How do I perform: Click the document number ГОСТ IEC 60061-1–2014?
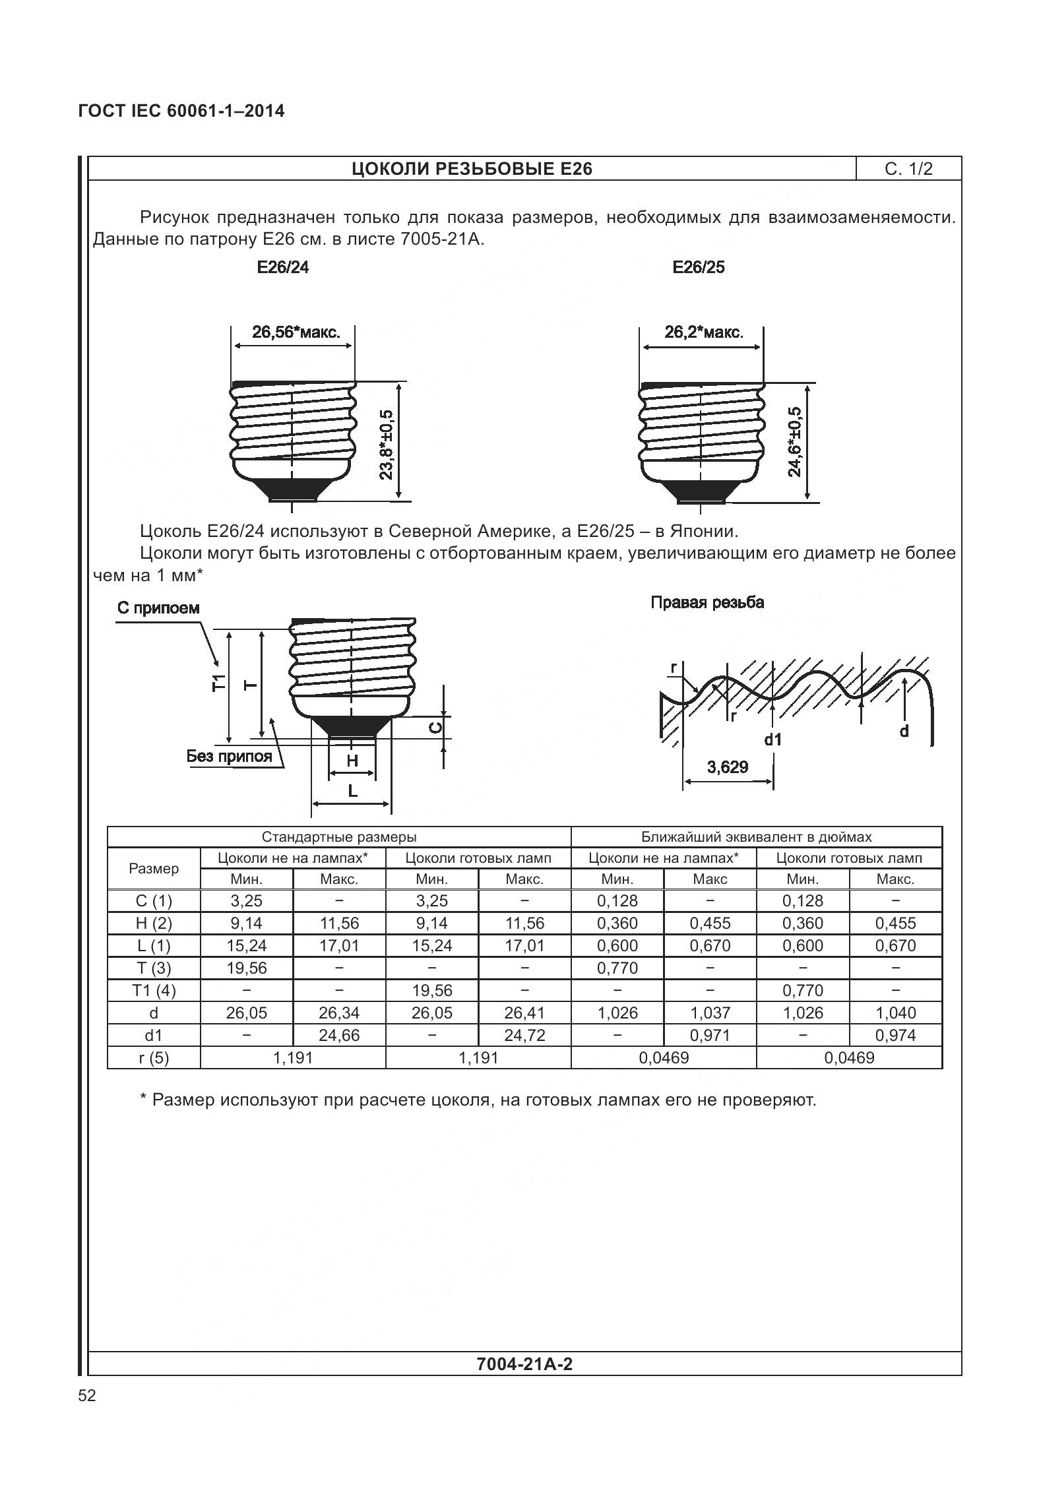pos(181,111)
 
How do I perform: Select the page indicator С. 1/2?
pos(908,169)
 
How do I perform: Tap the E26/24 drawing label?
pos(283,268)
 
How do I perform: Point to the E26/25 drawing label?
pos(698,267)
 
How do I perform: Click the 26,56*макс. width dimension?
pos(296,332)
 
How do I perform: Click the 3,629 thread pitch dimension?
pos(727,767)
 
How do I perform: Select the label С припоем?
pos(158,608)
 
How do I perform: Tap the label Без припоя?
pos(229,756)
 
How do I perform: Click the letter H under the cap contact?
pos(352,761)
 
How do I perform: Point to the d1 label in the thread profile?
pos(772,739)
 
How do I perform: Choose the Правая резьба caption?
pos(707,602)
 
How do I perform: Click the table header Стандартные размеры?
pos(339,837)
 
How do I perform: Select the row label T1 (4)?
pos(154,990)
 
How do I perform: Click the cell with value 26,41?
pos(524,1013)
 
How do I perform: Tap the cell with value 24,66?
pos(339,1035)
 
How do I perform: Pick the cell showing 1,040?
pos(895,1013)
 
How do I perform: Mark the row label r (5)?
pos(154,1057)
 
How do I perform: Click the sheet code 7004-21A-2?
pos(524,1364)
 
